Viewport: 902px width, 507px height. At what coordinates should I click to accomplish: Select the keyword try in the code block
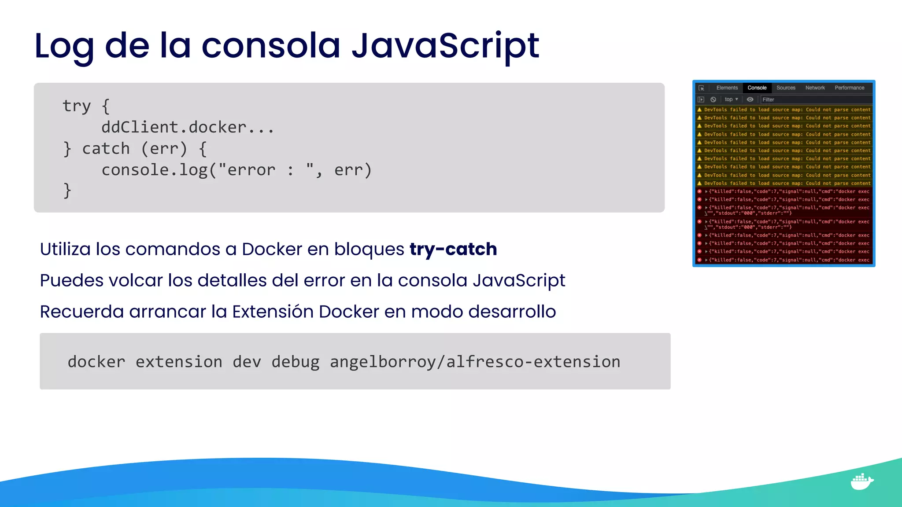[76, 106]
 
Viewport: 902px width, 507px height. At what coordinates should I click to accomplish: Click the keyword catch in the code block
[106, 149]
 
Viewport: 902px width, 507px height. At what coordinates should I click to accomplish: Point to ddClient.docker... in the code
[188, 128]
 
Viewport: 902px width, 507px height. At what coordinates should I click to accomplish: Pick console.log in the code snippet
[154, 170]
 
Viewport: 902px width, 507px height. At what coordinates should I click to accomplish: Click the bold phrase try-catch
[453, 249]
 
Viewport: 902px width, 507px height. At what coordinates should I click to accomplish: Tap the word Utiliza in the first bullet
[65, 249]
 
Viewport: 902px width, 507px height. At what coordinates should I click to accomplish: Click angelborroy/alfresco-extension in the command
[475, 362]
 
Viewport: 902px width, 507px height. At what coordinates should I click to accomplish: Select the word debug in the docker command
[295, 362]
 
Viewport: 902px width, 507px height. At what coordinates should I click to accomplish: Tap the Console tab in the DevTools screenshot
[757, 88]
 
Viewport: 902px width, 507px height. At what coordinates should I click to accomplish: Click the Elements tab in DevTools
[727, 88]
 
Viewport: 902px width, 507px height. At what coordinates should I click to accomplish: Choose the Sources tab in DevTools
[786, 88]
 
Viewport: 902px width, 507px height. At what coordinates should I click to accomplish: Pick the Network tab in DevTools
[815, 88]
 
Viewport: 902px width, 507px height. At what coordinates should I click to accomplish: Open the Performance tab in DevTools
[849, 88]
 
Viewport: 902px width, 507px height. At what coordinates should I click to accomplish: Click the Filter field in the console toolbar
[815, 100]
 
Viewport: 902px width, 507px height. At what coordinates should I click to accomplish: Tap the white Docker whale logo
[861, 481]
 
